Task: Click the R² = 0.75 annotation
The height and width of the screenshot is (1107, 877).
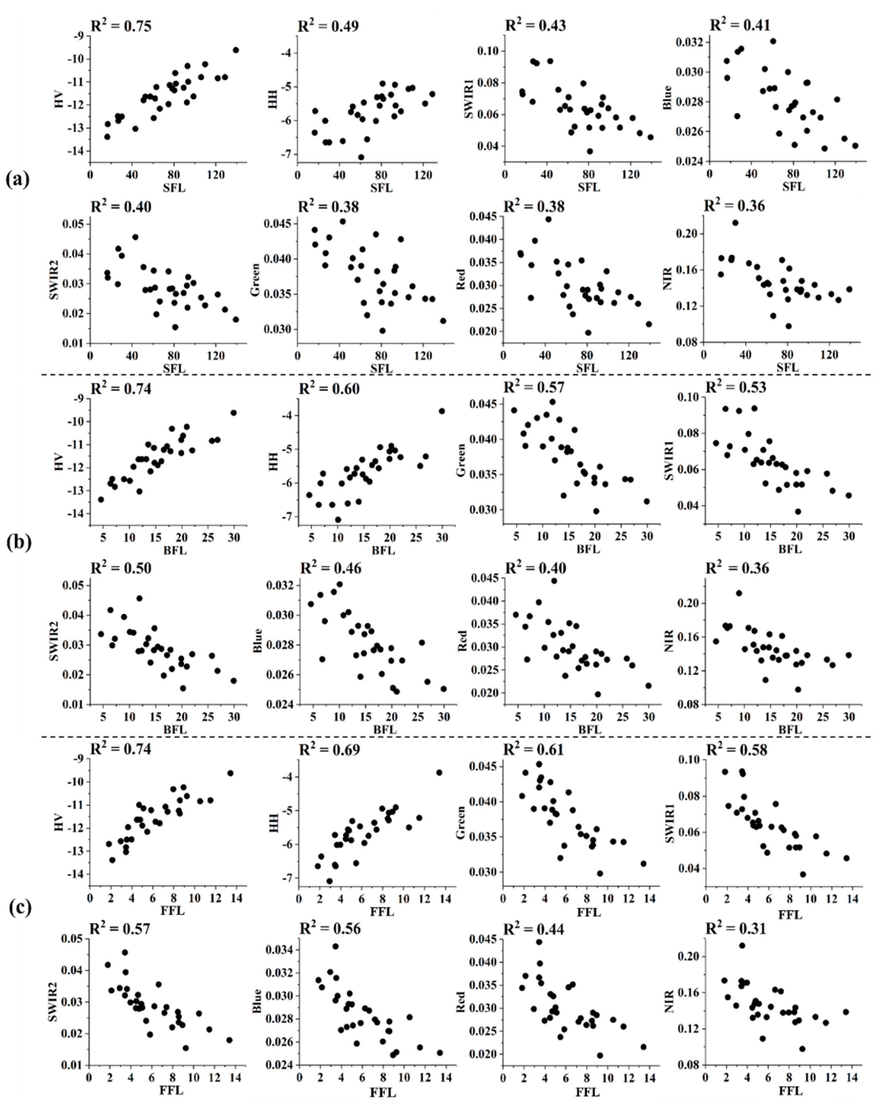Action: click(121, 26)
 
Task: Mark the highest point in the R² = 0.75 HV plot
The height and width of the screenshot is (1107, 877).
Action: click(236, 50)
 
